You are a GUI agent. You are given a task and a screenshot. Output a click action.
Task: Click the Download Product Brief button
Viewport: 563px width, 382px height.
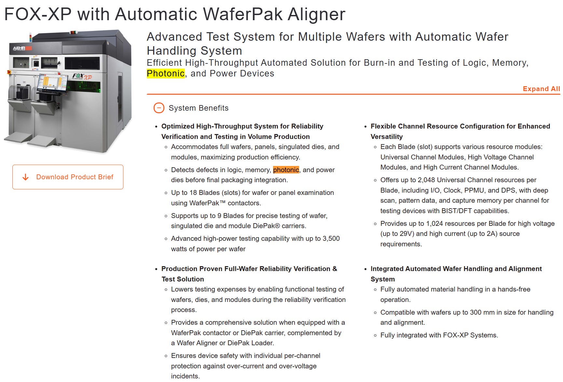(x=68, y=177)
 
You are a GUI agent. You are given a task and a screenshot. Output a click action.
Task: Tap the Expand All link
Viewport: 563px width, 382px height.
(x=542, y=89)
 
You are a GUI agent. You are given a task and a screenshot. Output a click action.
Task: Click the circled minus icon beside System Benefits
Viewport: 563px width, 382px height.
(x=159, y=108)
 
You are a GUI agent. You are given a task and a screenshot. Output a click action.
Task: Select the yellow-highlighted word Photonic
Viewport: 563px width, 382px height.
(x=166, y=74)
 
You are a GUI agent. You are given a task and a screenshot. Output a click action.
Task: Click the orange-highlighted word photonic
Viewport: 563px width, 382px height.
(x=286, y=170)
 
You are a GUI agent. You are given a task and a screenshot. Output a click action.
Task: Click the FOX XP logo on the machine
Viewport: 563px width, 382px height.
(x=82, y=77)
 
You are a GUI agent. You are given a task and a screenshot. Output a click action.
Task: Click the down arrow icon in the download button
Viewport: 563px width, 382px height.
(x=25, y=177)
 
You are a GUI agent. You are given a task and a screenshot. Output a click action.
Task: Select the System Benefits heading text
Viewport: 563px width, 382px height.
(x=199, y=108)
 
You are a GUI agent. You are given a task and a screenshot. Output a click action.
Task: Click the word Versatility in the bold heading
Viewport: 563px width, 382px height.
(x=387, y=137)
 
